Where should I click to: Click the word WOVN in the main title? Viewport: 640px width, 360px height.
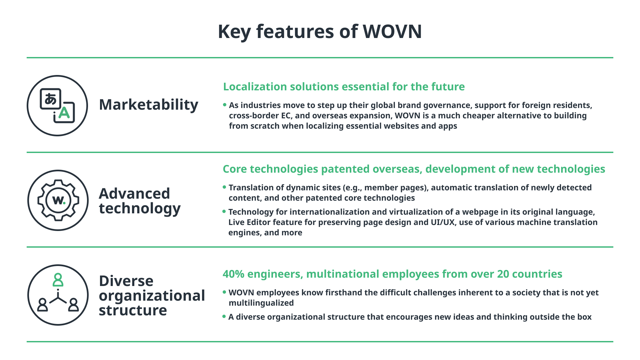click(392, 32)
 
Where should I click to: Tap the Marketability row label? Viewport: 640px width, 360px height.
click(149, 105)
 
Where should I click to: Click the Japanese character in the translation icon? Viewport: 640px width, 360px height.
click(51, 99)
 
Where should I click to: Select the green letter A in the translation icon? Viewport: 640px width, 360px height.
click(64, 113)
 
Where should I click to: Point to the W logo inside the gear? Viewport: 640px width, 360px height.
click(59, 200)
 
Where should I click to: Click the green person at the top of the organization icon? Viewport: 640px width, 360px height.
click(58, 280)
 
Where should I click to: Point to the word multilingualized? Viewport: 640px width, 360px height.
click(261, 303)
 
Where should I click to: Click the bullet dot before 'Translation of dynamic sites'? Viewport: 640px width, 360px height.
click(224, 187)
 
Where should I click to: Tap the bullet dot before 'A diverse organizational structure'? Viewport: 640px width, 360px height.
click(224, 316)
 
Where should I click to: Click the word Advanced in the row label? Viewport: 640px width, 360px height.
click(134, 194)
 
